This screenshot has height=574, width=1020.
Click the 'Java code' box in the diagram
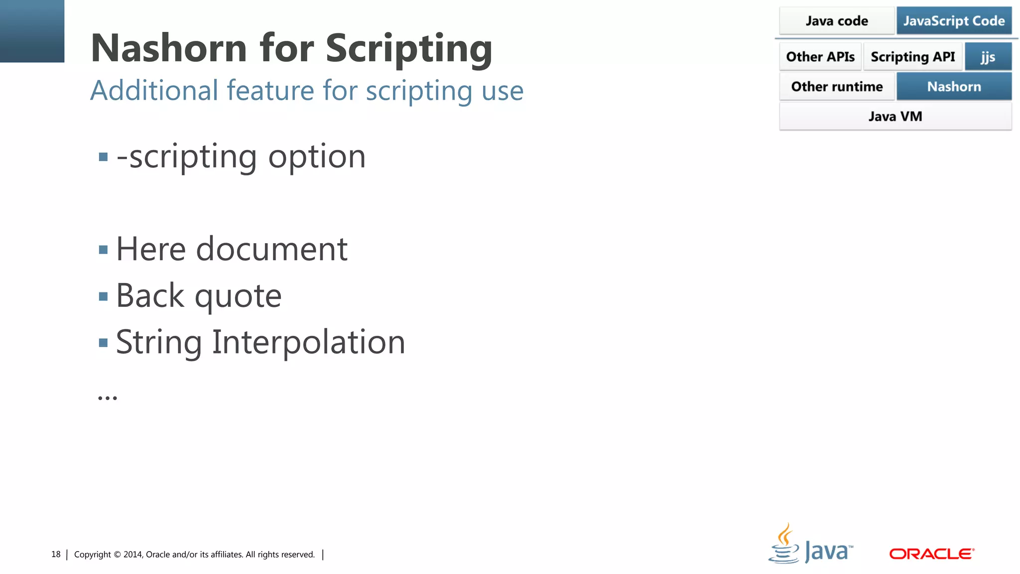pyautogui.click(x=837, y=21)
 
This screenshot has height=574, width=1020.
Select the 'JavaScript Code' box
pyautogui.click(x=954, y=21)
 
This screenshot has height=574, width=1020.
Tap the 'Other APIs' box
pyautogui.click(x=820, y=57)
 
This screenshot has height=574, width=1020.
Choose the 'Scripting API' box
pyautogui.click(x=913, y=57)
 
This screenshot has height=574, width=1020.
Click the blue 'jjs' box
pyautogui.click(x=988, y=57)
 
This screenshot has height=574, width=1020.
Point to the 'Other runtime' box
pyautogui.click(x=837, y=87)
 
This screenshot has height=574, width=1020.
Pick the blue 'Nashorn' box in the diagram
pyautogui.click(x=954, y=87)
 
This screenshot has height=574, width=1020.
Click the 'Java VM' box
pyautogui.click(x=895, y=117)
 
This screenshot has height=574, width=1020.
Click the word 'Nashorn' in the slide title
pyautogui.click(x=169, y=48)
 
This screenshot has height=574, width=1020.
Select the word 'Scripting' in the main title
pyautogui.click(x=409, y=48)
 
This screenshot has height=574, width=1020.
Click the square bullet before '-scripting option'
pyautogui.click(x=104, y=157)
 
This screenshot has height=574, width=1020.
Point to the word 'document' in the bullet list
pyautogui.click(x=271, y=249)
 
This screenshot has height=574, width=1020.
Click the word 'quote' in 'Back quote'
pyautogui.click(x=238, y=296)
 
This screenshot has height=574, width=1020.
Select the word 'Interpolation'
pyautogui.click(x=309, y=342)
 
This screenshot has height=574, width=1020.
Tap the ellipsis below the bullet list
pyautogui.click(x=108, y=398)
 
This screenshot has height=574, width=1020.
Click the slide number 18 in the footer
pyautogui.click(x=56, y=555)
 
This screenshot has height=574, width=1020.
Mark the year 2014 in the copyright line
pyautogui.click(x=133, y=555)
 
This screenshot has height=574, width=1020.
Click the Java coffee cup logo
pyautogui.click(x=784, y=544)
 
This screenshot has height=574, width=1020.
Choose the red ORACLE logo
pyautogui.click(x=931, y=554)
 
